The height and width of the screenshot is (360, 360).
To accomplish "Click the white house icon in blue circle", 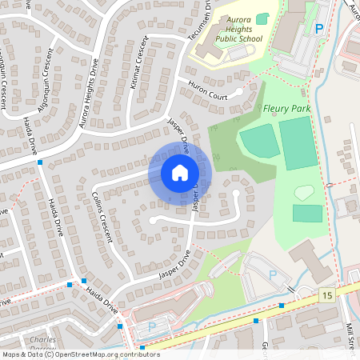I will pyautogui.click(x=179, y=172).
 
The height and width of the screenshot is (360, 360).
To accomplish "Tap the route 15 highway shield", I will pyautogui.click(x=327, y=296).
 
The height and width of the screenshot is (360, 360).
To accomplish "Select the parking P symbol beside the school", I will pyautogui.click(x=319, y=28).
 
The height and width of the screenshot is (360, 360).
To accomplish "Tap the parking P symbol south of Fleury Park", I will pyautogui.click(x=273, y=274).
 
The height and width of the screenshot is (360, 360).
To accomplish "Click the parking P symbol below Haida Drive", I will pyautogui.click(x=152, y=327).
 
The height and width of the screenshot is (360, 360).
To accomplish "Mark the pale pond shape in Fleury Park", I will pyautogui.click(x=304, y=192).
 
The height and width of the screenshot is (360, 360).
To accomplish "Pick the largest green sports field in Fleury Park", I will pyautogui.click(x=298, y=142).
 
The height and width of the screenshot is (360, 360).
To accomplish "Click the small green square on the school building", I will pyautogui.click(x=262, y=18).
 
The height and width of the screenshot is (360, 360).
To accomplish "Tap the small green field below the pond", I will pyautogui.click(x=307, y=213).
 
